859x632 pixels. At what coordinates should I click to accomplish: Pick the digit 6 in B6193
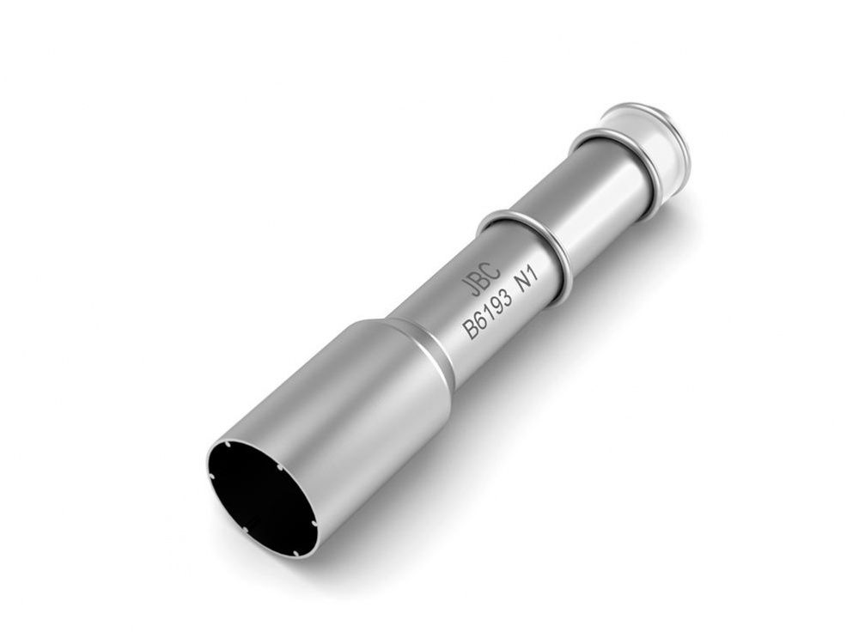480,323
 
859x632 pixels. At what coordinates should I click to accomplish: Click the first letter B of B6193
471,331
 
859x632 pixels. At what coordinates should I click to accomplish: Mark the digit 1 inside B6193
489,314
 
